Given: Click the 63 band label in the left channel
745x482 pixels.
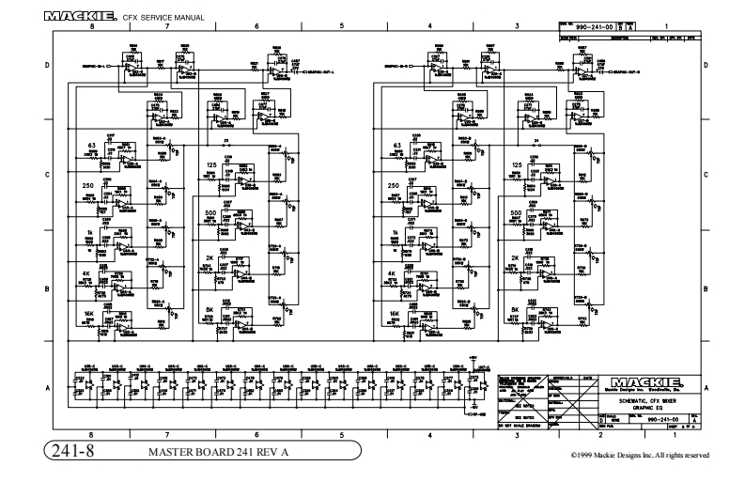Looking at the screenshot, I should (92, 146).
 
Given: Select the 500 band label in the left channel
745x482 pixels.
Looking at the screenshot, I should (210, 213).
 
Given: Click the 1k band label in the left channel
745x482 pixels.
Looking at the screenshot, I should (91, 232).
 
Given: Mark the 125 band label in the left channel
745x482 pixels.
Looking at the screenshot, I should (211, 165).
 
